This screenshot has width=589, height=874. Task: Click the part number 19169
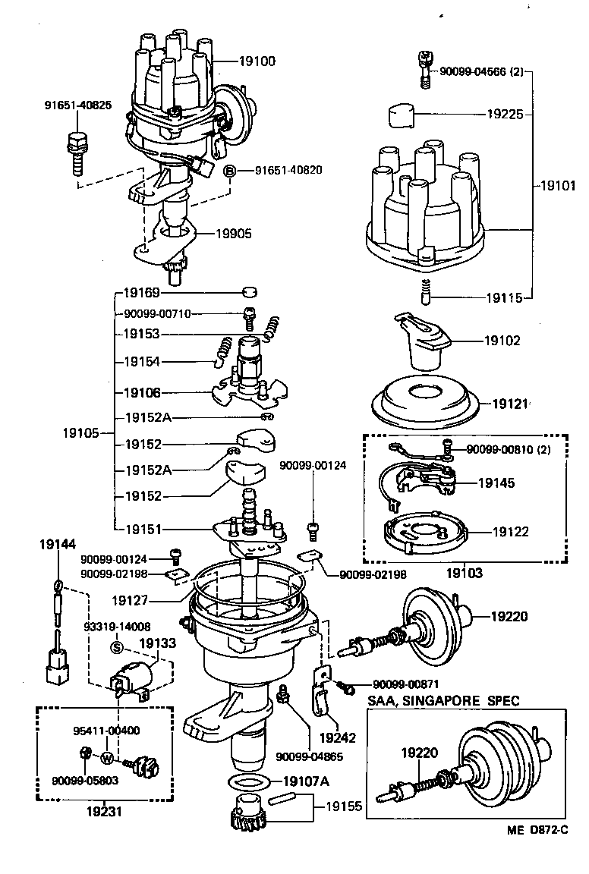[142, 291]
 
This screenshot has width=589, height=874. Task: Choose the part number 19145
[496, 482]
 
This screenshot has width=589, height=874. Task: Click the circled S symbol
[117, 647]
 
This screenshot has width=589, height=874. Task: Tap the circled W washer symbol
[108, 758]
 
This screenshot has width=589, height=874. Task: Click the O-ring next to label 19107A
[247, 782]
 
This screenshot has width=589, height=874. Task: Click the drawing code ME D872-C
[538, 851]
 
